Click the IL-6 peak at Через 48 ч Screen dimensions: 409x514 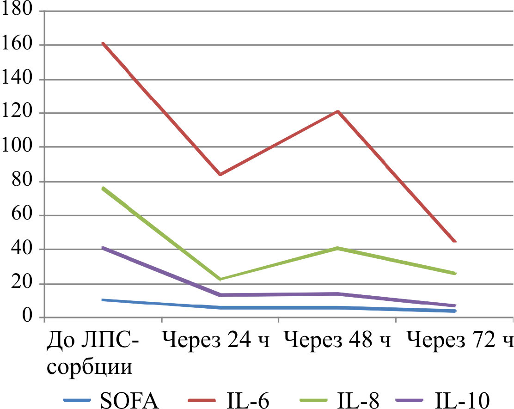(x=338, y=111)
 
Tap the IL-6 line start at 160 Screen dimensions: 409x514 (x=103, y=43)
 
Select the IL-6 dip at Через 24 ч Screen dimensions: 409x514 (x=220, y=174)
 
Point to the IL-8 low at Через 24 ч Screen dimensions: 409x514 (x=220, y=279)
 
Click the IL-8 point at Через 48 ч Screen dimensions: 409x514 (x=338, y=248)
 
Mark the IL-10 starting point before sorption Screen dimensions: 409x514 (x=103, y=248)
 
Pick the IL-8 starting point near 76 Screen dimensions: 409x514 (x=103, y=188)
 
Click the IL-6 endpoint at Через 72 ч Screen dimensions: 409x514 (x=455, y=241)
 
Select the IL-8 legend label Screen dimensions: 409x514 (x=359, y=400)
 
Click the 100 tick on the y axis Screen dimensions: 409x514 (x=17, y=147)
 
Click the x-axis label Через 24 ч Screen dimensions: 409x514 (x=216, y=342)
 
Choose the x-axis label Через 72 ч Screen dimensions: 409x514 (x=460, y=342)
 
